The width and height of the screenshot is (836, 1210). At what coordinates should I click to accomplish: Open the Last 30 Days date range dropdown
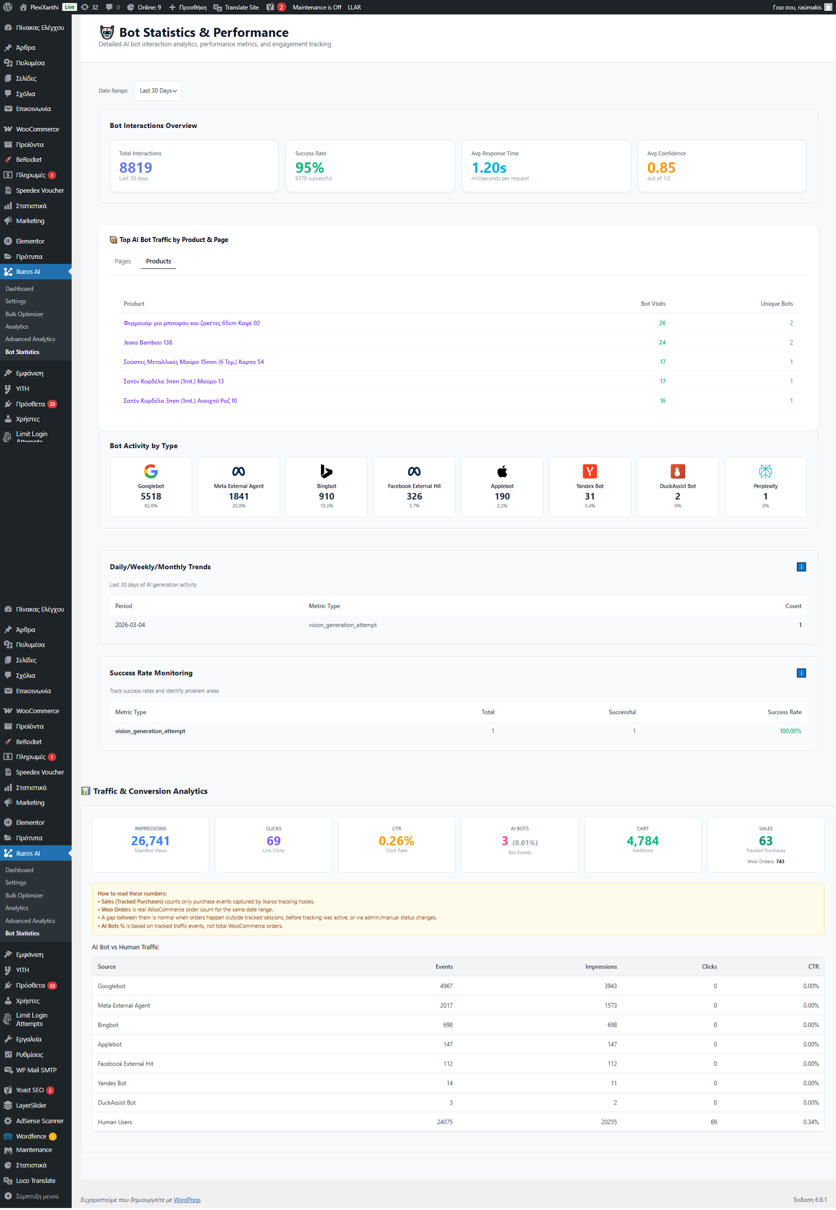point(157,91)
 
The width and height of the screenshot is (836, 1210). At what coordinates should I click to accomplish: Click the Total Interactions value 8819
point(136,168)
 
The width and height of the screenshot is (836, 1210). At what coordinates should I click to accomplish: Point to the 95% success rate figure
point(309,168)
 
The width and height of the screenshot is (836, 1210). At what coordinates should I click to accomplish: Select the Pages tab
point(122,261)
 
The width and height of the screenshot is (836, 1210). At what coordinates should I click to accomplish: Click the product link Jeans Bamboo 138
point(148,342)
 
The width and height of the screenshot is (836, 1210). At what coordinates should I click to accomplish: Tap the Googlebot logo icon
point(151,471)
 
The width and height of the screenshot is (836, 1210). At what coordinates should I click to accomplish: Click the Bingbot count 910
point(326,496)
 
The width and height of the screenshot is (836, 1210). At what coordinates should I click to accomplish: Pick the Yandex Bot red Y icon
point(589,471)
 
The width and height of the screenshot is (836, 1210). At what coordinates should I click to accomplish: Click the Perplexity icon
point(765,471)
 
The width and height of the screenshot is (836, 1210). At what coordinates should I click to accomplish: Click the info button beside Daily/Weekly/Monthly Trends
point(801,567)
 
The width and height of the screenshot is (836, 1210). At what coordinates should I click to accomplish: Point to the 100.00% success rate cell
point(790,730)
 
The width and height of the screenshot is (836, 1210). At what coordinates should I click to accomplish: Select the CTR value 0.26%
point(396,841)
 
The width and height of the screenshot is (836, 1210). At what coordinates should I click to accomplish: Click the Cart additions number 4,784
point(642,841)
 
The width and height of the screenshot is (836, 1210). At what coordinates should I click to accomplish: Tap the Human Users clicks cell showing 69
point(714,1122)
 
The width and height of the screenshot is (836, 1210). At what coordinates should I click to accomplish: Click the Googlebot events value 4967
point(446,986)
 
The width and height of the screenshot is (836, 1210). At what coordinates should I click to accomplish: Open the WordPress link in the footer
point(187,1200)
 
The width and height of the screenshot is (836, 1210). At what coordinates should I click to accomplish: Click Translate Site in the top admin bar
point(241,7)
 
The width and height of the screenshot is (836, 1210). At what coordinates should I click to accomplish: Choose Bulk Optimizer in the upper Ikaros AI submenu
point(24,314)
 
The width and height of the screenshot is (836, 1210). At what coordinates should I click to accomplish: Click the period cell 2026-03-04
point(130,624)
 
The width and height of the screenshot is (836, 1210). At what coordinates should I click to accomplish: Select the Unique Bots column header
point(776,303)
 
